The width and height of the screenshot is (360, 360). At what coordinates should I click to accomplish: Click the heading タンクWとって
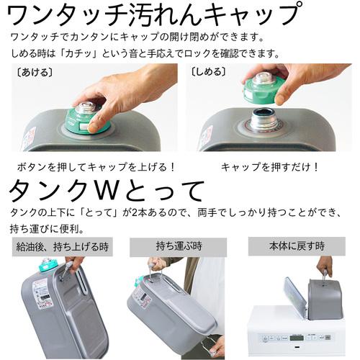(x=107, y=190)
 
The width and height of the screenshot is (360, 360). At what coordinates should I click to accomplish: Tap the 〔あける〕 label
(x=35, y=72)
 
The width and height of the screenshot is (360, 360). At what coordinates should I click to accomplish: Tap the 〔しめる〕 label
(x=208, y=71)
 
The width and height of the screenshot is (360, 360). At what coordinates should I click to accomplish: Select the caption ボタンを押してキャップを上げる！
(x=96, y=167)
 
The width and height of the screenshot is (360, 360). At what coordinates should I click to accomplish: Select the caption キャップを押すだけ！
(x=269, y=167)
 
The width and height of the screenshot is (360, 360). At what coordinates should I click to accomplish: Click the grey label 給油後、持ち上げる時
(x=63, y=246)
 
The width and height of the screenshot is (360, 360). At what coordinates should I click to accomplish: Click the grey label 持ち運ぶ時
(x=179, y=246)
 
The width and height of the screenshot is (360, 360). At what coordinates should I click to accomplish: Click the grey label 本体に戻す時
(x=297, y=246)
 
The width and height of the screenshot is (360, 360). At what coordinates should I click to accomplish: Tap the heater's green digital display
(x=297, y=338)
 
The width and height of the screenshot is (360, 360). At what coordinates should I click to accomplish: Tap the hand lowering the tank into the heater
(x=325, y=266)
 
